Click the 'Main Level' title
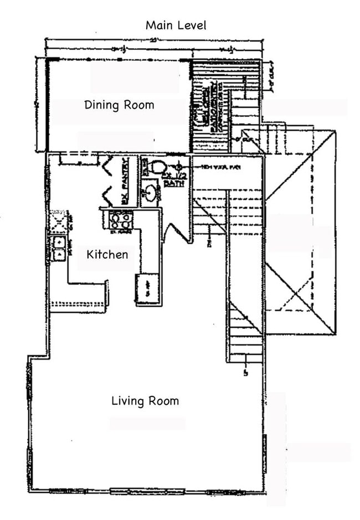[176, 25]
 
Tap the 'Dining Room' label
[119, 105]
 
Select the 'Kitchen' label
[107, 254]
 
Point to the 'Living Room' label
[145, 400]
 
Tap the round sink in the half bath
[150, 193]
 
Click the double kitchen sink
[58, 248]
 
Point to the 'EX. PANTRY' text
[126, 181]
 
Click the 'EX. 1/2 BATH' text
[174, 178]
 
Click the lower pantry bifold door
[107, 196]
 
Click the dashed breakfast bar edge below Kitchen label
[78, 303]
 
